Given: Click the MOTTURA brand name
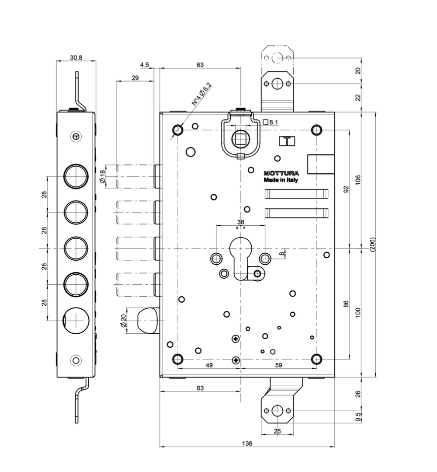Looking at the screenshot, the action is click(281, 173).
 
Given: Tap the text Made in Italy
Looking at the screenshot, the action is click(281, 180).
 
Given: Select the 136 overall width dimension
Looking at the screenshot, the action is click(247, 444).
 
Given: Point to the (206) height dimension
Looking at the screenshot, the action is click(373, 245).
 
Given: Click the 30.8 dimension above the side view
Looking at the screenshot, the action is click(76, 57).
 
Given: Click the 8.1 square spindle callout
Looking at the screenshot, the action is click(271, 122).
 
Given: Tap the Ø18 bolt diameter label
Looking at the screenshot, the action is click(102, 177).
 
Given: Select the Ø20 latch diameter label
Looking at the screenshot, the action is click(123, 321).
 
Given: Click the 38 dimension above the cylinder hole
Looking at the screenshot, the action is click(241, 222).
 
